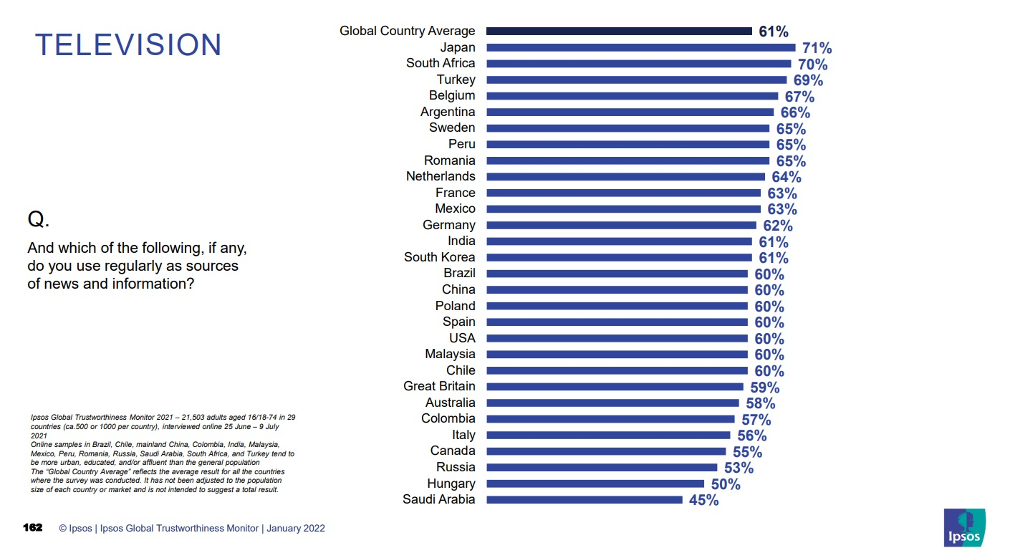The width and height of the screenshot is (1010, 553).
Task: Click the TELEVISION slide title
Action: click(x=128, y=44)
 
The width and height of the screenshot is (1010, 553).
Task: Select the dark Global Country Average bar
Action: click(x=619, y=32)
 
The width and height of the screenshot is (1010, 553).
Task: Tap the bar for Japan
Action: click(x=640, y=47)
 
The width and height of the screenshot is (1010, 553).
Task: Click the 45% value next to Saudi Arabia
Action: click(x=703, y=500)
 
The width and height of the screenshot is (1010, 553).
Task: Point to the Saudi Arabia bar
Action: click(x=584, y=500)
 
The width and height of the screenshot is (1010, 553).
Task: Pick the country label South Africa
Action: click(x=440, y=63)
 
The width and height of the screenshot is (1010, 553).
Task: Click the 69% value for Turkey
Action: click(x=808, y=80)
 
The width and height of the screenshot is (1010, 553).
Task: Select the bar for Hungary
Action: click(x=595, y=484)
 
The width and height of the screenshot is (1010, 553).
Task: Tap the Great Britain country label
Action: click(x=438, y=386)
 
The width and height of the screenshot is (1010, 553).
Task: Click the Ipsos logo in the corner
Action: click(x=964, y=527)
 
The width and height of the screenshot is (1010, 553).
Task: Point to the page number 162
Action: click(x=33, y=528)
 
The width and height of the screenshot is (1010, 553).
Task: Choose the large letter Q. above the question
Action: click(x=38, y=220)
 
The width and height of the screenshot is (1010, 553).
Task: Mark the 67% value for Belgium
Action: click(x=799, y=97)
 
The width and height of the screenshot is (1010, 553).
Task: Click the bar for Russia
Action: click(x=601, y=468)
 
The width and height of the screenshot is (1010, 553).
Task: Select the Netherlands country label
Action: click(x=440, y=176)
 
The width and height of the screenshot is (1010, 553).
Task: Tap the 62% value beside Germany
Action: click(x=777, y=226)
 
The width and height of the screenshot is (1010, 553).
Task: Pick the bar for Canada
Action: click(x=605, y=451)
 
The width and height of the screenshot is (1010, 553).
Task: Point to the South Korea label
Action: click(x=439, y=257)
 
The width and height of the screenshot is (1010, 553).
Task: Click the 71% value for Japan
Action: click(x=817, y=48)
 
